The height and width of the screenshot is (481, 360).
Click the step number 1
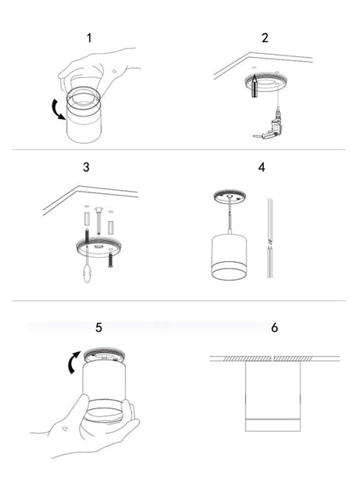[x=89, y=38]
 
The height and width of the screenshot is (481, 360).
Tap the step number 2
[x=265, y=38]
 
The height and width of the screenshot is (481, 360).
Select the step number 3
[x=86, y=167]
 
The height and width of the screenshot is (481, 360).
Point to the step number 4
[x=261, y=167]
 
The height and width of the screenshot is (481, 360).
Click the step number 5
[x=99, y=327]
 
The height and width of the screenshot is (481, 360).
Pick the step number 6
[x=275, y=327]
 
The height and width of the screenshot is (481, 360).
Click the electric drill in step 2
[x=268, y=128]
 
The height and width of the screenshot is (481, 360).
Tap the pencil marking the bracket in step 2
[x=254, y=87]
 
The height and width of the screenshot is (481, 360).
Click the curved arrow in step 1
[x=58, y=109]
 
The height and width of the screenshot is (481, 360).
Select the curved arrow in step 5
[x=74, y=362]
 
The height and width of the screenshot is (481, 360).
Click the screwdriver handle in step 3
[x=88, y=273]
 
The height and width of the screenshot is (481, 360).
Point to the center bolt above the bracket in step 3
[x=99, y=221]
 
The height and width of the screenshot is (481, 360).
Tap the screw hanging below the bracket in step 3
[x=110, y=258]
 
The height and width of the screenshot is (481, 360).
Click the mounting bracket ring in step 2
[x=266, y=84]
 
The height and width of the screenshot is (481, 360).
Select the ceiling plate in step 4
[x=229, y=197]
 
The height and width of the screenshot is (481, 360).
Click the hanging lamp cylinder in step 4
[x=229, y=257]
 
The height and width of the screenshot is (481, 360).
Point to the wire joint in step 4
[x=270, y=243]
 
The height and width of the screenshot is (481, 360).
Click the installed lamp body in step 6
[x=273, y=397]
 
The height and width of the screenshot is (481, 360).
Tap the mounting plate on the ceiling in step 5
[x=104, y=356]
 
